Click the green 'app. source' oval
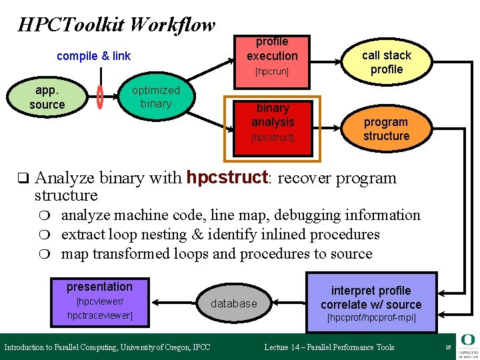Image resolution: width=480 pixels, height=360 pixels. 47,97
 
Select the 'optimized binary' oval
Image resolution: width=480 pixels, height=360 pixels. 156,97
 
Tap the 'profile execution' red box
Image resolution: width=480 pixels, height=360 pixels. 272,56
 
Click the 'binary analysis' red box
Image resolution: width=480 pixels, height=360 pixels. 273,124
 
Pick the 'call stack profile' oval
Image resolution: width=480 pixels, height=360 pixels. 387,62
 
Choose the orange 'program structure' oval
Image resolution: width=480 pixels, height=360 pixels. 386,129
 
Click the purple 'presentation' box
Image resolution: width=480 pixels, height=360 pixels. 100,301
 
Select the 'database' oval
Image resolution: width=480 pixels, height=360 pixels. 233,303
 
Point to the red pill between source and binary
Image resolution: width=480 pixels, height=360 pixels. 100,97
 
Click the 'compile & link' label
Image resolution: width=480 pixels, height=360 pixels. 93,56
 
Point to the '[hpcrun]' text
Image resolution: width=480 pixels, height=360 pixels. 272,71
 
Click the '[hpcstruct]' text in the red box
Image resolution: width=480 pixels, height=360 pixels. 273,139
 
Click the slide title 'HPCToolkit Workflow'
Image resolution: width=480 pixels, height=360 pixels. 117,25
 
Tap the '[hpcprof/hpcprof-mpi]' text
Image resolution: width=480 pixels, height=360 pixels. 371,318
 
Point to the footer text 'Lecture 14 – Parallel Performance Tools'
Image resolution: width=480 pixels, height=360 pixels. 329,347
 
